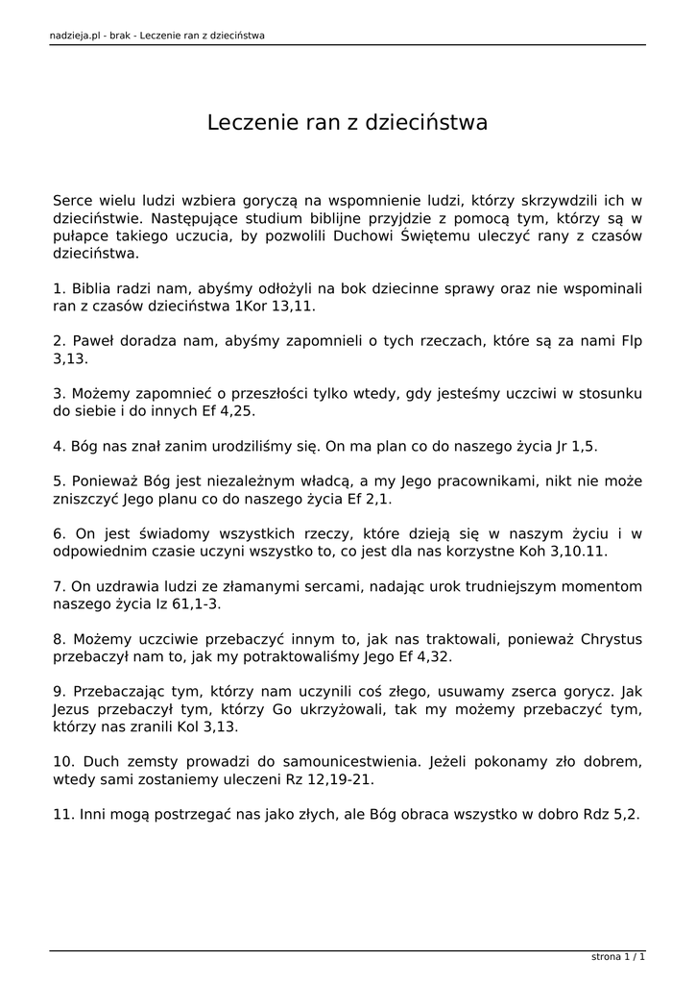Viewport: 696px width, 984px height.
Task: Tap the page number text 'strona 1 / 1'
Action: tap(617, 957)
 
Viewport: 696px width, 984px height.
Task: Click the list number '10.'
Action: tap(63, 762)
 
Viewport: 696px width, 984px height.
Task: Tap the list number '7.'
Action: tap(59, 587)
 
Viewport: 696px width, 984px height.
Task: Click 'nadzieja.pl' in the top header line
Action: tap(76, 36)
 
